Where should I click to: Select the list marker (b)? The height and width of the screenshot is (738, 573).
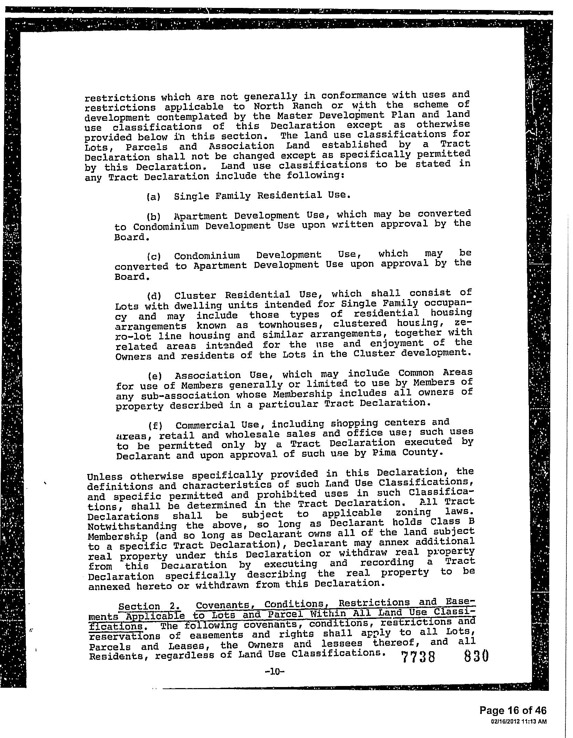[x=153, y=217]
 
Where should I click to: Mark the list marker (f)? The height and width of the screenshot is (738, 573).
[x=155, y=426]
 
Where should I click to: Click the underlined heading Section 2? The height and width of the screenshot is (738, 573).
[x=139, y=606]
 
